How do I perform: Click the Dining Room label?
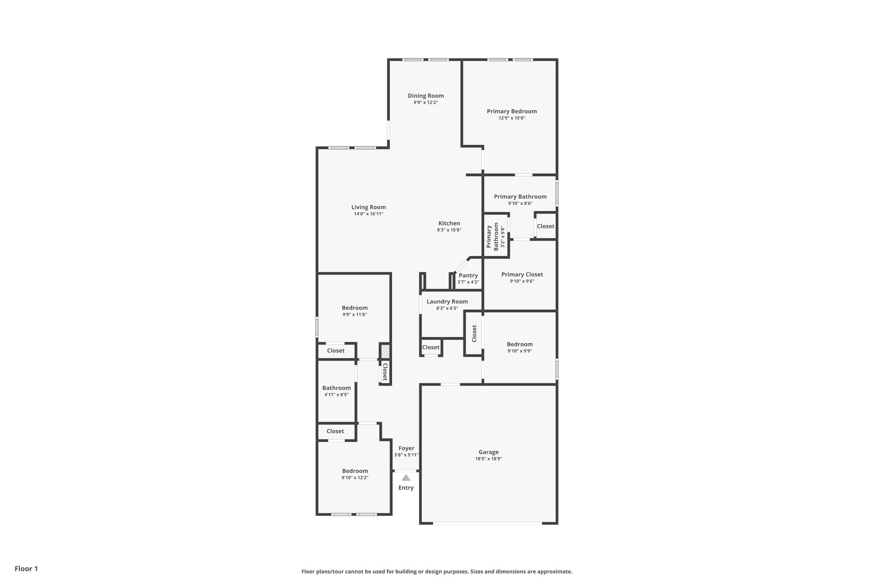(425, 96)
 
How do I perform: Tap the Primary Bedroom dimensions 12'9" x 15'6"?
(512, 118)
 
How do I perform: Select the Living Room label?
(368, 207)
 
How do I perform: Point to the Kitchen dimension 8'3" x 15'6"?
(449, 230)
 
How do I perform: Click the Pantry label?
(468, 275)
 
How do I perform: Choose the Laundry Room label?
(447, 302)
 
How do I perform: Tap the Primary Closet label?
(522, 275)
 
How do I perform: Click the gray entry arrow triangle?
(406, 478)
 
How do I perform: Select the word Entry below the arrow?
(406, 488)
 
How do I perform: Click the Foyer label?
(406, 448)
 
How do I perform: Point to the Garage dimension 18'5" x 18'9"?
(488, 459)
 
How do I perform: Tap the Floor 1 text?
(26, 568)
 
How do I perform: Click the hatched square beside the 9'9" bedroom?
(385, 351)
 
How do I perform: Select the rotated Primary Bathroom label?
(492, 236)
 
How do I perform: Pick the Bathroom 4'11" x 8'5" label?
(336, 388)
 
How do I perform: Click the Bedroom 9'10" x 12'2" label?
(355, 471)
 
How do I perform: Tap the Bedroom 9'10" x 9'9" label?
(519, 344)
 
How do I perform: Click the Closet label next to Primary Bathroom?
(545, 226)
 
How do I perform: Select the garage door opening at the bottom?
(487, 523)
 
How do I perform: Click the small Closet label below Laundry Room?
(431, 347)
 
